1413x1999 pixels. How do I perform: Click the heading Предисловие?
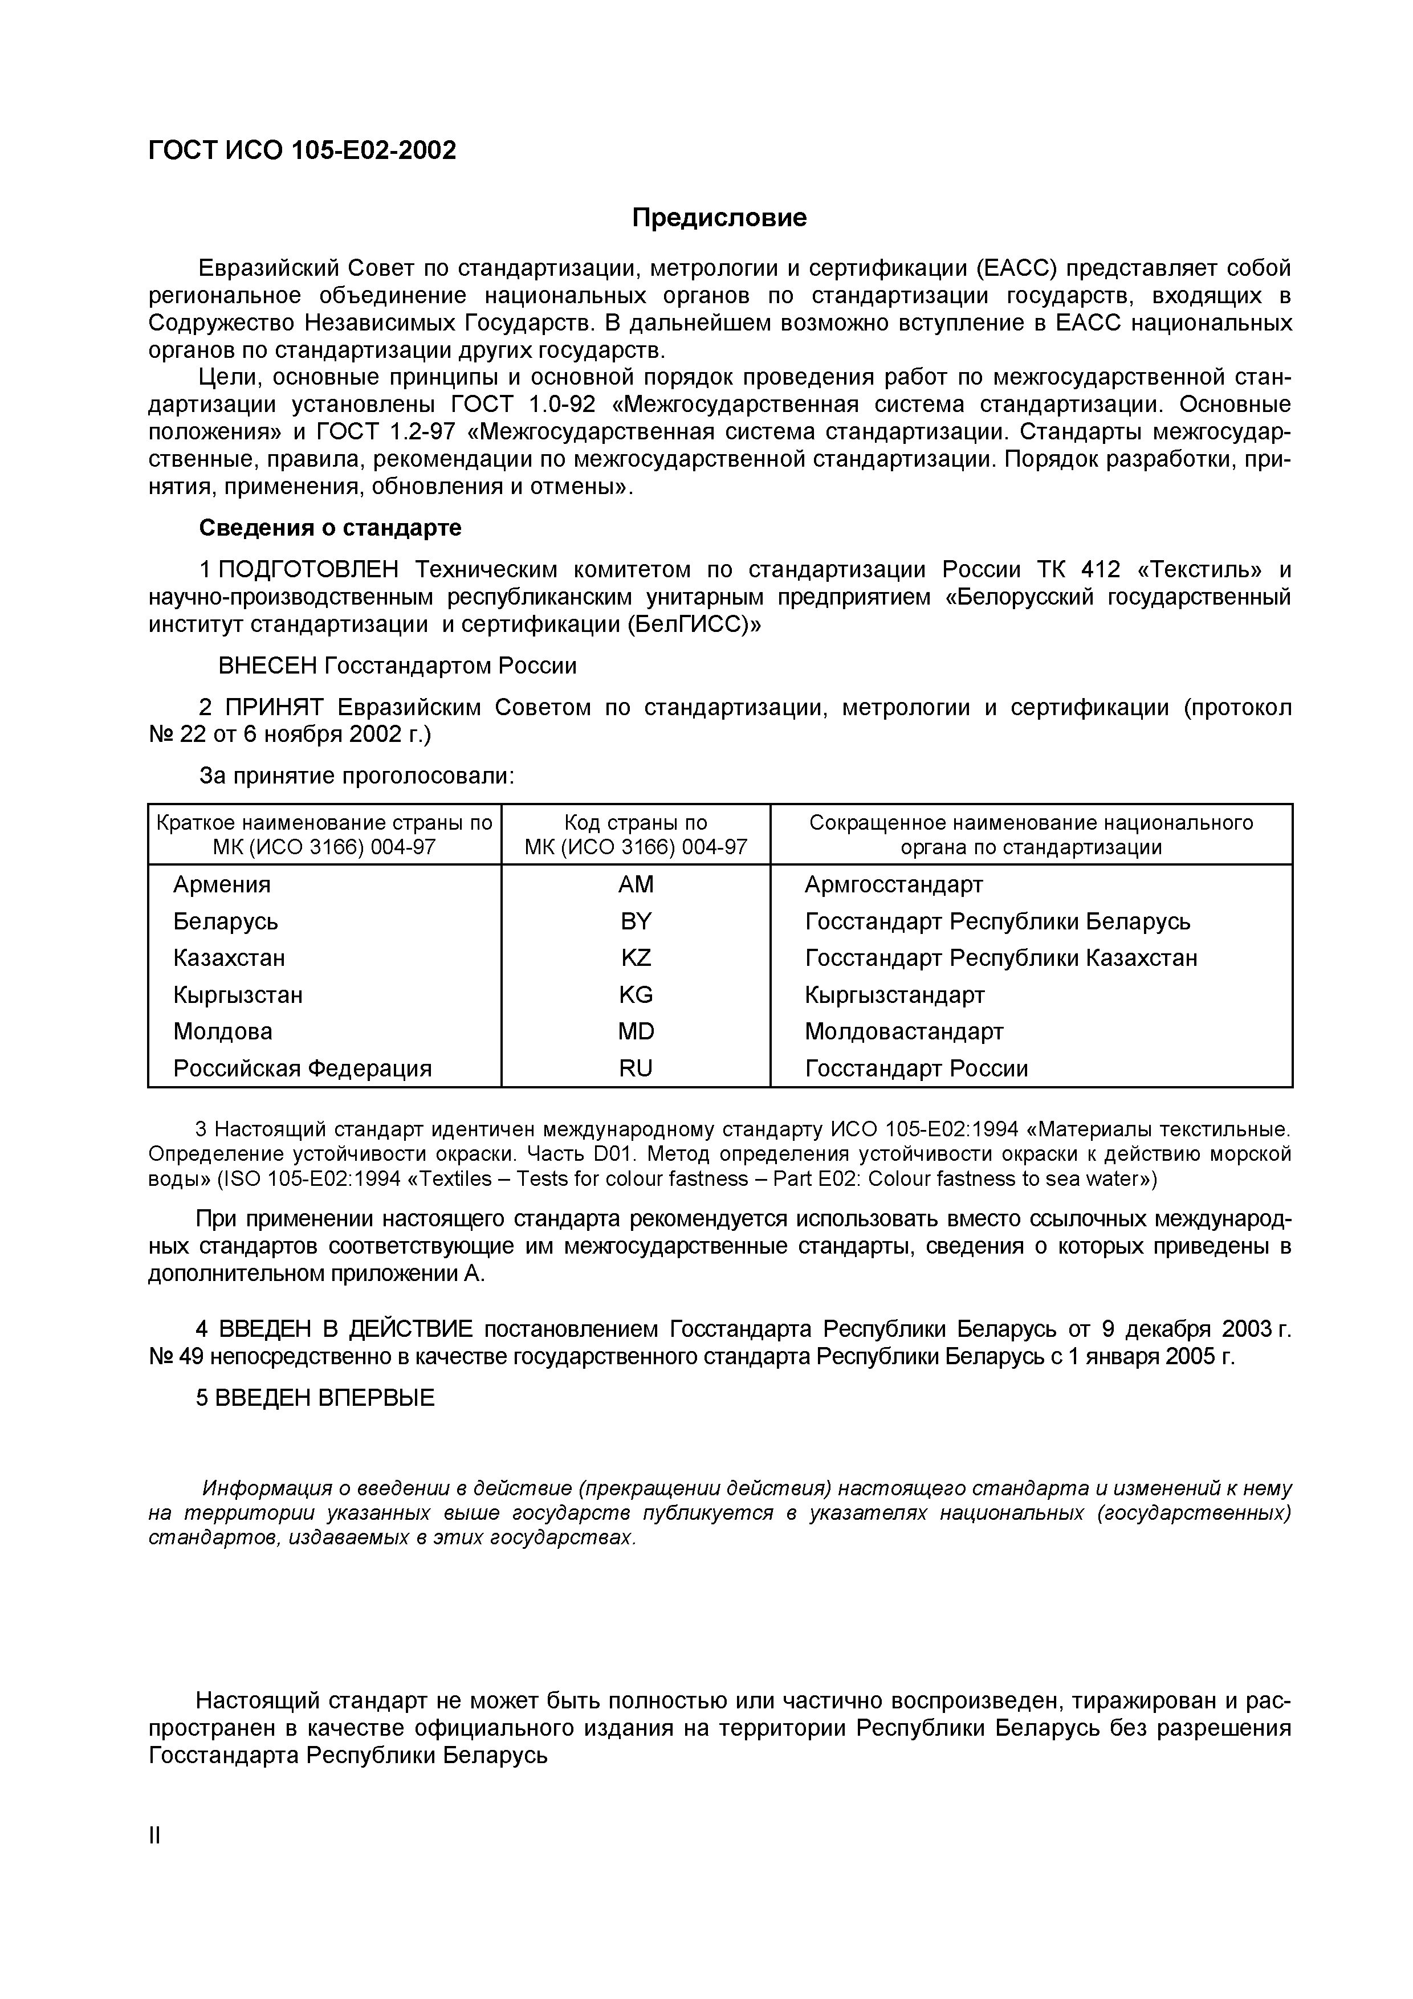pos(719,218)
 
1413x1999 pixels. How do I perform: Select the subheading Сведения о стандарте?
pos(330,528)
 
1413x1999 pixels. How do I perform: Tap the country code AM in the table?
pos(636,884)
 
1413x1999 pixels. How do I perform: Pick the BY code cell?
pos(636,921)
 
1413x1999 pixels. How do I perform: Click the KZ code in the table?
pos(636,958)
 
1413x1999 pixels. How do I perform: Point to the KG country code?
pos(636,994)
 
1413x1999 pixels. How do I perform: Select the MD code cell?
pos(636,1032)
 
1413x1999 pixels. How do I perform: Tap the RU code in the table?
pos(636,1068)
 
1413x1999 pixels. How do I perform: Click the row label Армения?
pos(222,884)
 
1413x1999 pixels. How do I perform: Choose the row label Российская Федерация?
pos(302,1068)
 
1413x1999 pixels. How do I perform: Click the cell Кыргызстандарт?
pos(894,994)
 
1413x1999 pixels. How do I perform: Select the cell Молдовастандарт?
pos(903,1032)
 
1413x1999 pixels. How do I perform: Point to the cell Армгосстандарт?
pos(893,884)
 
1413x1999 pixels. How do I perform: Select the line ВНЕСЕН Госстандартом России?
pos(397,666)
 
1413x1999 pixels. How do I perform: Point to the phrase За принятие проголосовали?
pos(357,776)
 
